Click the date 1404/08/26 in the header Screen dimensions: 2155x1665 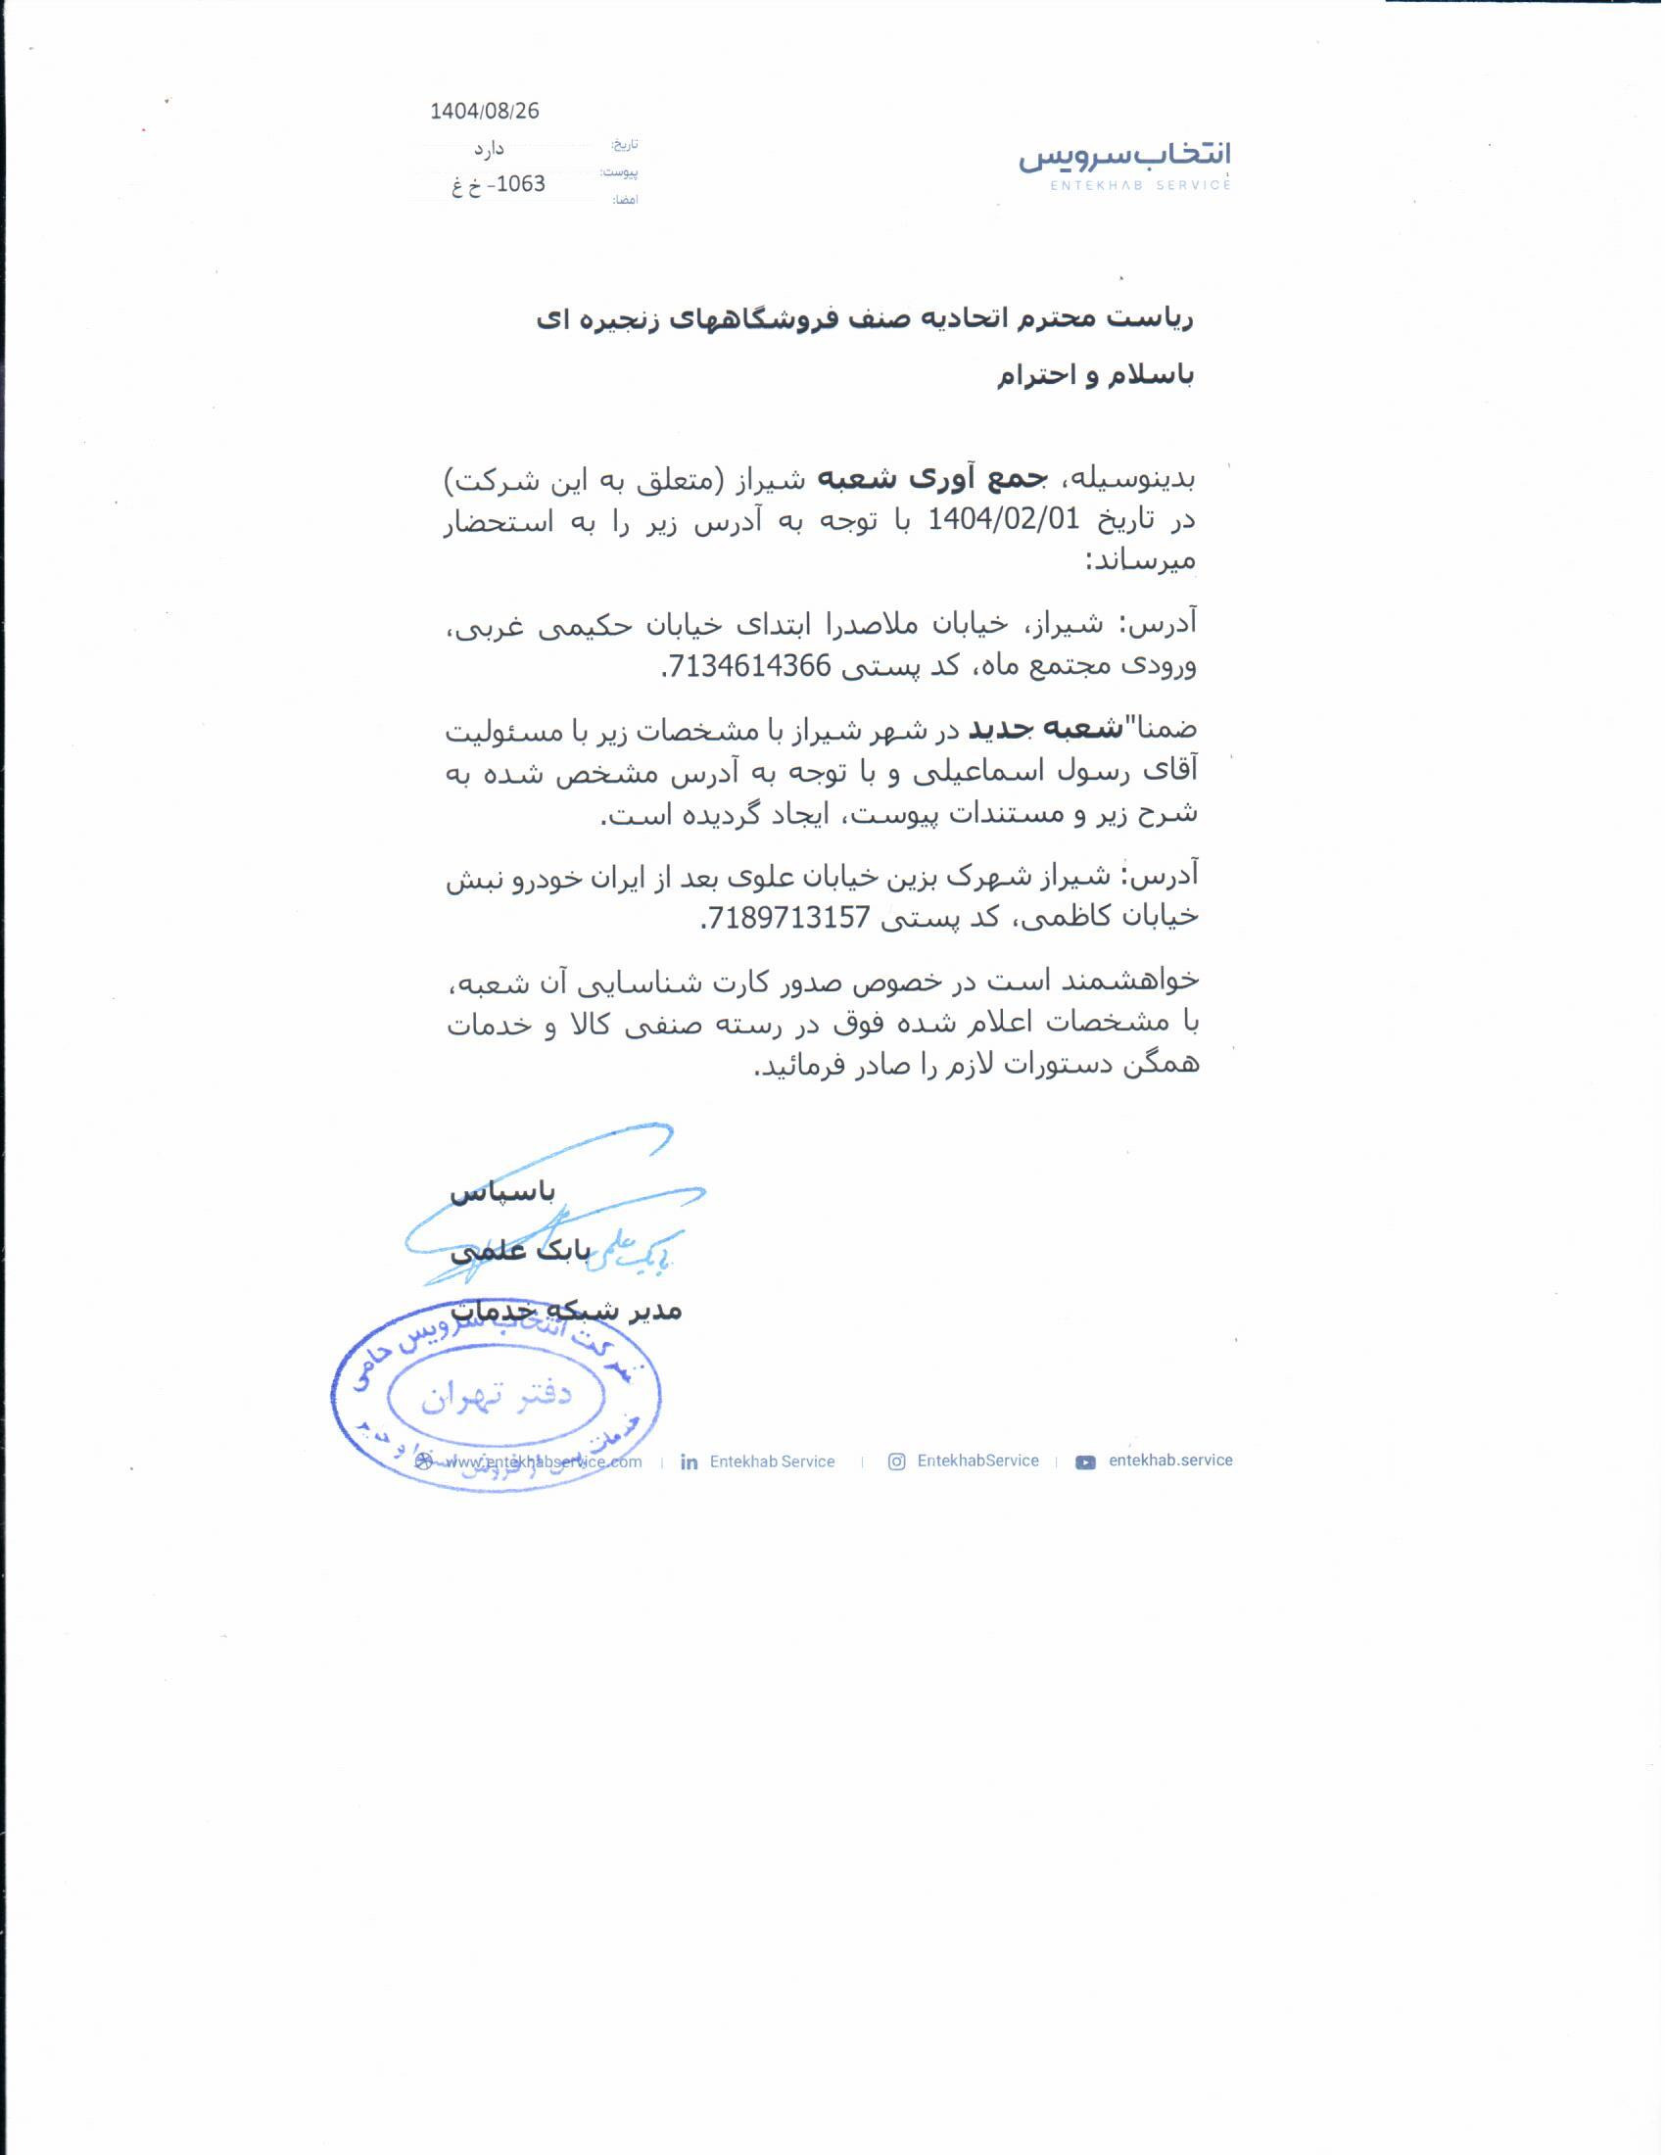click(x=484, y=112)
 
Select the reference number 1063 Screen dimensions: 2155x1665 click(x=520, y=184)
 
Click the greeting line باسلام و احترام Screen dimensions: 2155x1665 click(x=1094, y=376)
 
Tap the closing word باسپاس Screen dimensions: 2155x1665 click(x=503, y=1192)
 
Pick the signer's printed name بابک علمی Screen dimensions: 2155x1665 click(x=520, y=1251)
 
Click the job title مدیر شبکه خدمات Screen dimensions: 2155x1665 click(x=566, y=1311)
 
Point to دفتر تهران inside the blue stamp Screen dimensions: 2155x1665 click(x=497, y=1395)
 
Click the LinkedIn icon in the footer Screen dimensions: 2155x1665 click(x=689, y=1462)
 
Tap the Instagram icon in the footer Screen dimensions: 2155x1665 click(x=895, y=1461)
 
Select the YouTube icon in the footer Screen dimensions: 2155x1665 click(x=1085, y=1462)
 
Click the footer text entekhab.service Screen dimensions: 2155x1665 click(x=1169, y=1461)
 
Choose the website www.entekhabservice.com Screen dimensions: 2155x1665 click(x=543, y=1462)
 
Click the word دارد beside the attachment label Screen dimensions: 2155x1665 click(x=489, y=149)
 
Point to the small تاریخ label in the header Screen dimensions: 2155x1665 click(x=625, y=145)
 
